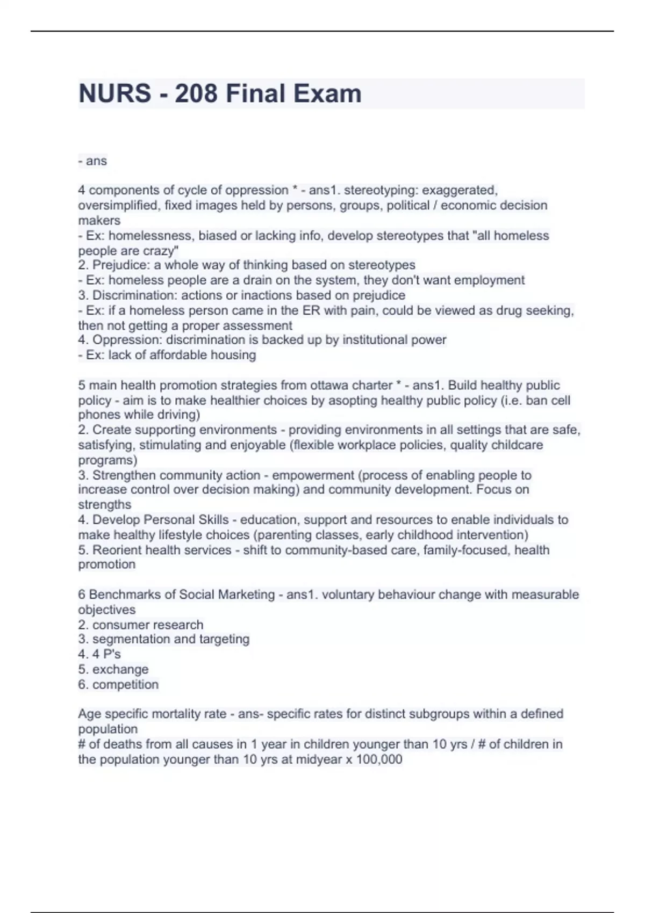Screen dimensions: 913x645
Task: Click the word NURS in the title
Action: [x=114, y=93]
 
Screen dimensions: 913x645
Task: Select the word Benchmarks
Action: [x=127, y=595]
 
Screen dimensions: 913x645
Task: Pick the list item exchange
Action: [x=120, y=669]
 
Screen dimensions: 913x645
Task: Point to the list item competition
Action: [x=125, y=684]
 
